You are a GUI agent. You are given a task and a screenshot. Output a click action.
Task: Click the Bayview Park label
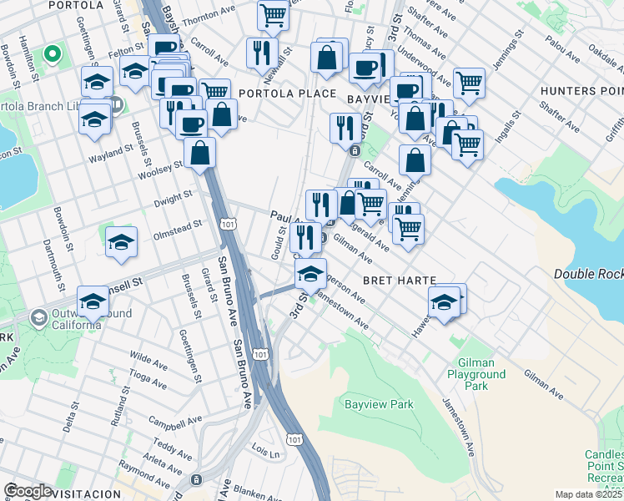(380, 405)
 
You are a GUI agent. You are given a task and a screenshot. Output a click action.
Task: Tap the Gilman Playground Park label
(481, 375)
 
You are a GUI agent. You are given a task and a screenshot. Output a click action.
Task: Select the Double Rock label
(588, 274)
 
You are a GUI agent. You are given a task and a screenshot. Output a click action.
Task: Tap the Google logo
(28, 491)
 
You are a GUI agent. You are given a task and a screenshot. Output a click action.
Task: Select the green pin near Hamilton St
(52, 55)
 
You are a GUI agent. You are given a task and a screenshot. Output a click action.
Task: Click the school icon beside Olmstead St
(122, 241)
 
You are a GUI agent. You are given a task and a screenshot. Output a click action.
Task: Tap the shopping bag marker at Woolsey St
(200, 153)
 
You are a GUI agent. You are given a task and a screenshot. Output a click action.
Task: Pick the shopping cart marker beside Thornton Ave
(273, 15)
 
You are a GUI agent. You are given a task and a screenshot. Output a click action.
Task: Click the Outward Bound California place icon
(38, 318)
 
